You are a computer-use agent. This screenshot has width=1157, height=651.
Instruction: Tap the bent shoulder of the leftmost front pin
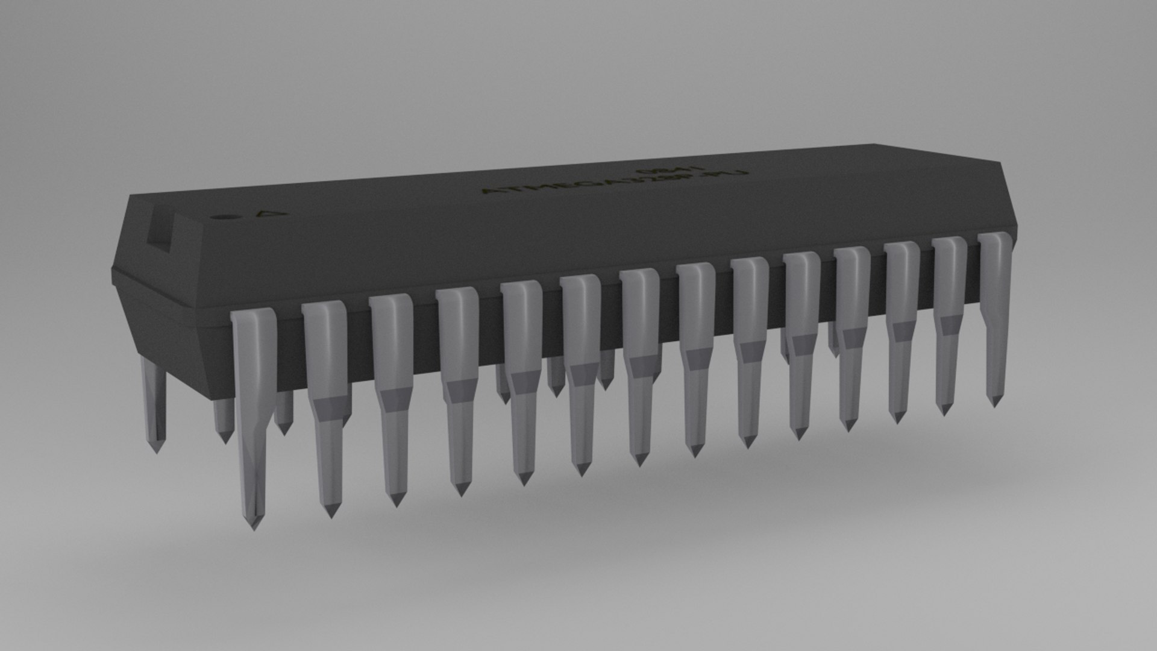253,319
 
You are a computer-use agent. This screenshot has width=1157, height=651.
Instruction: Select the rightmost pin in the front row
994,313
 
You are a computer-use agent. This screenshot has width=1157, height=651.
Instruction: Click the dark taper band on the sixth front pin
582,374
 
